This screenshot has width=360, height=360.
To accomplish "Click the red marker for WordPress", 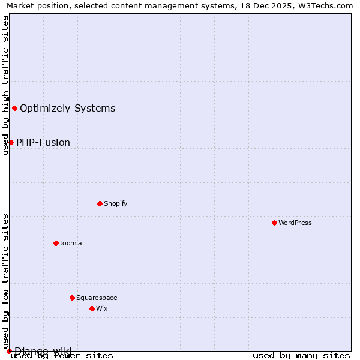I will (274, 223).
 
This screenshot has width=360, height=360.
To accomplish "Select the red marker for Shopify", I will (100, 203).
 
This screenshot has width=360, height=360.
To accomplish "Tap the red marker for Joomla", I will (56, 243).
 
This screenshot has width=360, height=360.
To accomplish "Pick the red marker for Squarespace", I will (72, 298).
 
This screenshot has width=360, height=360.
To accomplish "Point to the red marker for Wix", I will (92, 308).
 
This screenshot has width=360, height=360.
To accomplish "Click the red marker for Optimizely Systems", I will (14, 108).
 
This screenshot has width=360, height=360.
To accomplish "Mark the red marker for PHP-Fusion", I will (11, 142).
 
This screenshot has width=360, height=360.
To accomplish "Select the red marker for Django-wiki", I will (9, 351).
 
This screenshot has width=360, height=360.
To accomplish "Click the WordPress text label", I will (295, 223).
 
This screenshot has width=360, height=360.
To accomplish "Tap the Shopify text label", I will (116, 203).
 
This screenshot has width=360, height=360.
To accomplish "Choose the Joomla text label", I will (71, 243).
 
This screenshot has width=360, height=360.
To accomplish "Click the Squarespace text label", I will (97, 298).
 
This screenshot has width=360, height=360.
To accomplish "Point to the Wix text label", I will (101, 308).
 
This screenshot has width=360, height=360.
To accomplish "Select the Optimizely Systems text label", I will (68, 108).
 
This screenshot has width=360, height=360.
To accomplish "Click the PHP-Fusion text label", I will (43, 142).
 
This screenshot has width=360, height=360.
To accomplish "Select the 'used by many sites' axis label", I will (301, 355).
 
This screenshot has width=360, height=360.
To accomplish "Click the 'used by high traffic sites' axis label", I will (6, 85).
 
